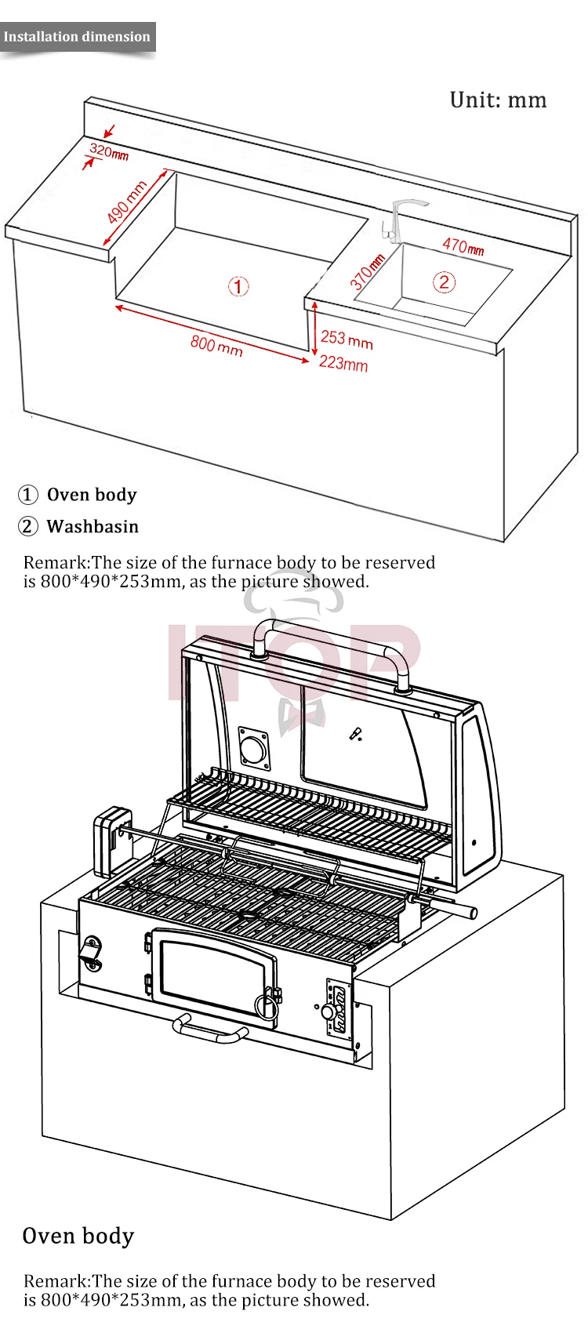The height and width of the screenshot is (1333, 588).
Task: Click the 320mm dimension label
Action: pos(108,151)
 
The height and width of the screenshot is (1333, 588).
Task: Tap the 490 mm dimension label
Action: pos(126,202)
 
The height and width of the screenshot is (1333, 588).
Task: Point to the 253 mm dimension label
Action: pos(347,339)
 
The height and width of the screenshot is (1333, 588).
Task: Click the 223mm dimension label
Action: pos(343,363)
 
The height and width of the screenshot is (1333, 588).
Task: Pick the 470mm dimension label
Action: pos(463,246)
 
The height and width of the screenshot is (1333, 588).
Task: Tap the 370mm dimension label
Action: pos(367,271)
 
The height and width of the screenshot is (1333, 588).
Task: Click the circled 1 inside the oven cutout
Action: pos(238,286)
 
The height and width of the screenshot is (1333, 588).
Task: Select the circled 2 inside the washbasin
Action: pos(444,281)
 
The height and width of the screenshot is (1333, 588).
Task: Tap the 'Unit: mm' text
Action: pos(498,100)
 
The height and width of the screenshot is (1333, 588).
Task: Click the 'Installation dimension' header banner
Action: pos(77,37)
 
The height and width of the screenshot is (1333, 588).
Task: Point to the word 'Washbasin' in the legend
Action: pos(93,526)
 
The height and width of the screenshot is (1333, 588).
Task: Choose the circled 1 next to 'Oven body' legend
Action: pos(27,495)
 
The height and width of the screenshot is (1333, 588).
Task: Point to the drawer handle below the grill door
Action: pos(209,1030)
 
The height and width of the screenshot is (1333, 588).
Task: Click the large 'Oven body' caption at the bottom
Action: pos(78,1237)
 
